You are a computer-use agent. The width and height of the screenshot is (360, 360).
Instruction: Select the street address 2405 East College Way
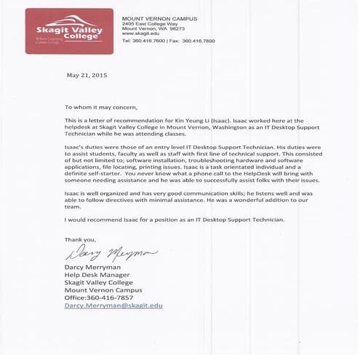tap(148, 23)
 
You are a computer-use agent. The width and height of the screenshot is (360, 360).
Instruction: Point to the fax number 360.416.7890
tap(199, 41)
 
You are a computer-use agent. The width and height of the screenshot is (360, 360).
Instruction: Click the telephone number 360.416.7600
tap(148, 41)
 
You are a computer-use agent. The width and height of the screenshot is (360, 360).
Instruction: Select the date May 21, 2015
tap(87, 75)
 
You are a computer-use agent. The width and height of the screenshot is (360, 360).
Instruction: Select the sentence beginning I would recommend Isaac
tap(175, 220)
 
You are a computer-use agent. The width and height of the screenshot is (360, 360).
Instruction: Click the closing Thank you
tap(79, 239)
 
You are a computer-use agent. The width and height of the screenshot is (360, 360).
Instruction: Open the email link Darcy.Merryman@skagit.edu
tap(113, 306)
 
